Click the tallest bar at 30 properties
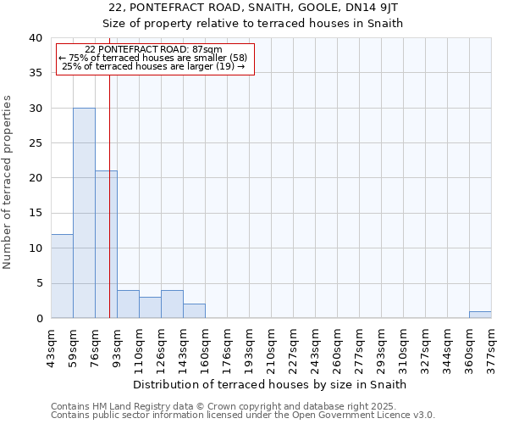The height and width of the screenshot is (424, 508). [84, 213]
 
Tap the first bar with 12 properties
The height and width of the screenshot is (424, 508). [62, 276]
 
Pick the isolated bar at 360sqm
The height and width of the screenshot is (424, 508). [480, 315]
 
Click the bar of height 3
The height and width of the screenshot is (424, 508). [150, 308]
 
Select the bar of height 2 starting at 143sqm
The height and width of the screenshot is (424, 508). [194, 311]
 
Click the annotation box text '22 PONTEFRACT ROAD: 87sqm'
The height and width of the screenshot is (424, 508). [154, 50]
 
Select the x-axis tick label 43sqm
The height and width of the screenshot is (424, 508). [51, 346]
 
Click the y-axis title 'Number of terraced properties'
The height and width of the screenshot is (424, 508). [8, 182]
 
